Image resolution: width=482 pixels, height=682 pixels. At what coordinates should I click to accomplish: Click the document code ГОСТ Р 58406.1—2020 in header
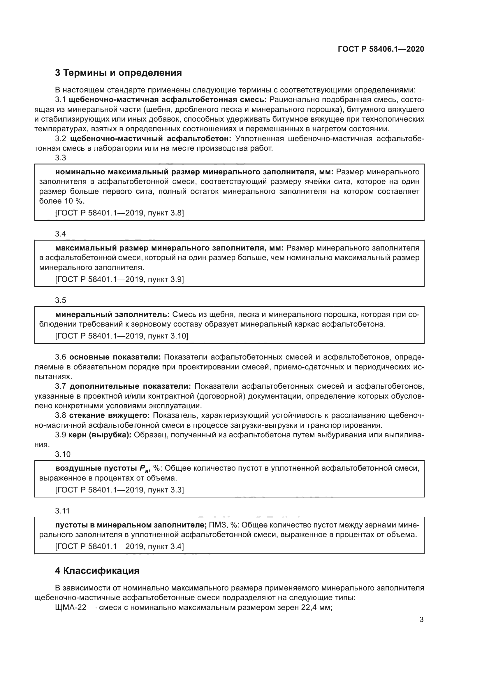(x=381, y=49)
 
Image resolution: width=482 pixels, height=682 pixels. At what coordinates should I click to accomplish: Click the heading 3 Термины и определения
(x=118, y=73)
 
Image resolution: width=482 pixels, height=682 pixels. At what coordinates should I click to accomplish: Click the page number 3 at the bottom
(x=421, y=620)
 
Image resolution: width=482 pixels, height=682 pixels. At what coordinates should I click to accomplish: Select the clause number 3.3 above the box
(x=61, y=158)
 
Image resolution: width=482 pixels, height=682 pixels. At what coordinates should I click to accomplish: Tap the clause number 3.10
(x=63, y=454)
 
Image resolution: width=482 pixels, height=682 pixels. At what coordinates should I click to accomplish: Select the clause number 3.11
(x=62, y=511)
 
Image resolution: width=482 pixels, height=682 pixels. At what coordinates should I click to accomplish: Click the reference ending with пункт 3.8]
(x=119, y=213)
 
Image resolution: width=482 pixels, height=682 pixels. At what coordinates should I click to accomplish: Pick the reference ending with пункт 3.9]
(x=119, y=280)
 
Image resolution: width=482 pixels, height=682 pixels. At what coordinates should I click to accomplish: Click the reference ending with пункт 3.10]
(x=122, y=336)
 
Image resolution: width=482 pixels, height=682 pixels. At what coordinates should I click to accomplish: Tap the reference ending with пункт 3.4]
(x=119, y=546)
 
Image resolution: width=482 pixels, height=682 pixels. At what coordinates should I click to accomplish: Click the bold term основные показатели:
(x=115, y=357)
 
